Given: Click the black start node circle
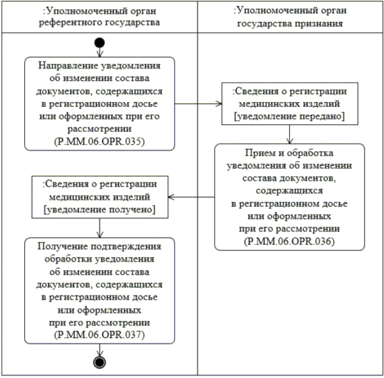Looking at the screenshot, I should pyautogui.click(x=99, y=44).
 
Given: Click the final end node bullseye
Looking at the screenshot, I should pyautogui.click(x=99, y=363).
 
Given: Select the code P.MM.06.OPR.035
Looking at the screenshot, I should pyautogui.click(x=99, y=141).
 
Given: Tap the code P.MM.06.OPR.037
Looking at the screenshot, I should pyautogui.click(x=99, y=335).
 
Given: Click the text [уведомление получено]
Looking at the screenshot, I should pyautogui.click(x=99, y=210).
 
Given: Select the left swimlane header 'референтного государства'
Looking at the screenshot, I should pyautogui.click(x=99, y=22).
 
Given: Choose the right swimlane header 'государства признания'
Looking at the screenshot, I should pyautogui.click(x=289, y=22).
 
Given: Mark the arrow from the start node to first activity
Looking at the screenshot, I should pyautogui.click(x=99, y=52).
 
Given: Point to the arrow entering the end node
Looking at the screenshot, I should pyautogui.click(x=99, y=351).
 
